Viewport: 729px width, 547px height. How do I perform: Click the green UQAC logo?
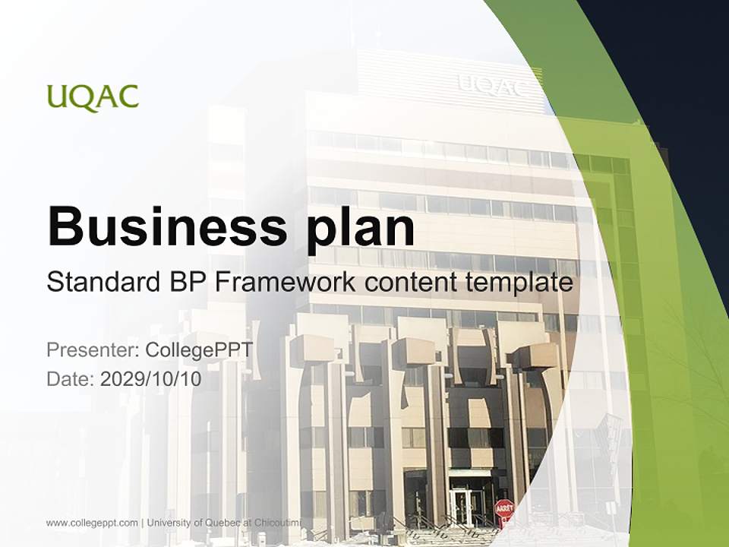pos(93,98)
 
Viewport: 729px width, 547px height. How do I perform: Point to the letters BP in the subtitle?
pos(183,283)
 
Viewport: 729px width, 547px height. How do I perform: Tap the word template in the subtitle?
pos(523,283)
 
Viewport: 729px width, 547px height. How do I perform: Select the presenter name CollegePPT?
pos(199,350)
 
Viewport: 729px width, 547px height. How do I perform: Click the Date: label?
pos(71,379)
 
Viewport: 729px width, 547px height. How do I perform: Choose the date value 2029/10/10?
pos(150,379)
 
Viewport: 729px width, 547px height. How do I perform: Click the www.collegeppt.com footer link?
pos(92,523)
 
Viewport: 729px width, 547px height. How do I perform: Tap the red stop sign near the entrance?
pos(504,508)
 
